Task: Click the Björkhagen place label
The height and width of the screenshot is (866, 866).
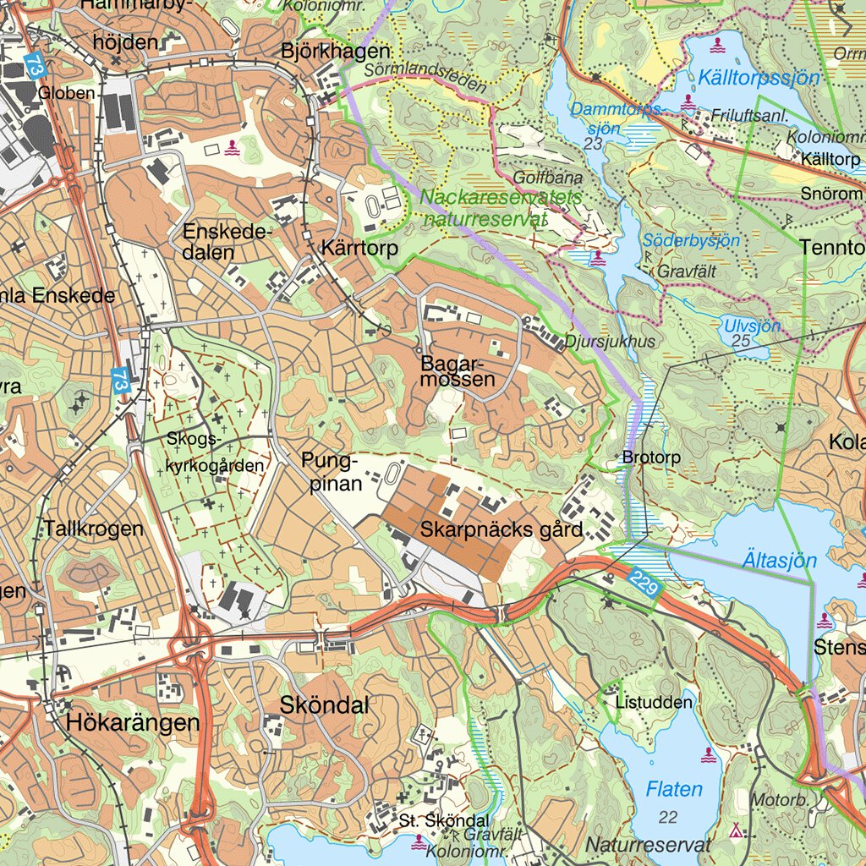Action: pos(336,52)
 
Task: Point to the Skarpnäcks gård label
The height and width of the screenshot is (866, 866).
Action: pos(502,530)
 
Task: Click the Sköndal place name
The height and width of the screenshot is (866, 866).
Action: pos(324,705)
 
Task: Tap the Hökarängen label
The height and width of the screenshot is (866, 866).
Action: pos(133,723)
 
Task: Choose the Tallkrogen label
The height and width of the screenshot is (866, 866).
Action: pos(94,529)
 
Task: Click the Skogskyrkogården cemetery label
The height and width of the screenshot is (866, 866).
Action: pos(215,452)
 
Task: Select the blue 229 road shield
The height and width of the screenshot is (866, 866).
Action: pos(644,584)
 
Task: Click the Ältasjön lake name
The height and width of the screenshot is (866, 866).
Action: pos(781,561)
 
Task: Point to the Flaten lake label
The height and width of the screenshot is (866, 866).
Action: pos(674,790)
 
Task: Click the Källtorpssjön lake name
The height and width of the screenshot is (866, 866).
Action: pos(759,79)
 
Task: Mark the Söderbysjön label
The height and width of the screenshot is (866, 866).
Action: pos(691,240)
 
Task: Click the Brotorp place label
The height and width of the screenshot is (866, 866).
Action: pos(651,458)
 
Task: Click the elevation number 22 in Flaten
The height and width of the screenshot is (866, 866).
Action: pos(668,817)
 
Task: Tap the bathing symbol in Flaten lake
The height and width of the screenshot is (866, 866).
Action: pos(710,754)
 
